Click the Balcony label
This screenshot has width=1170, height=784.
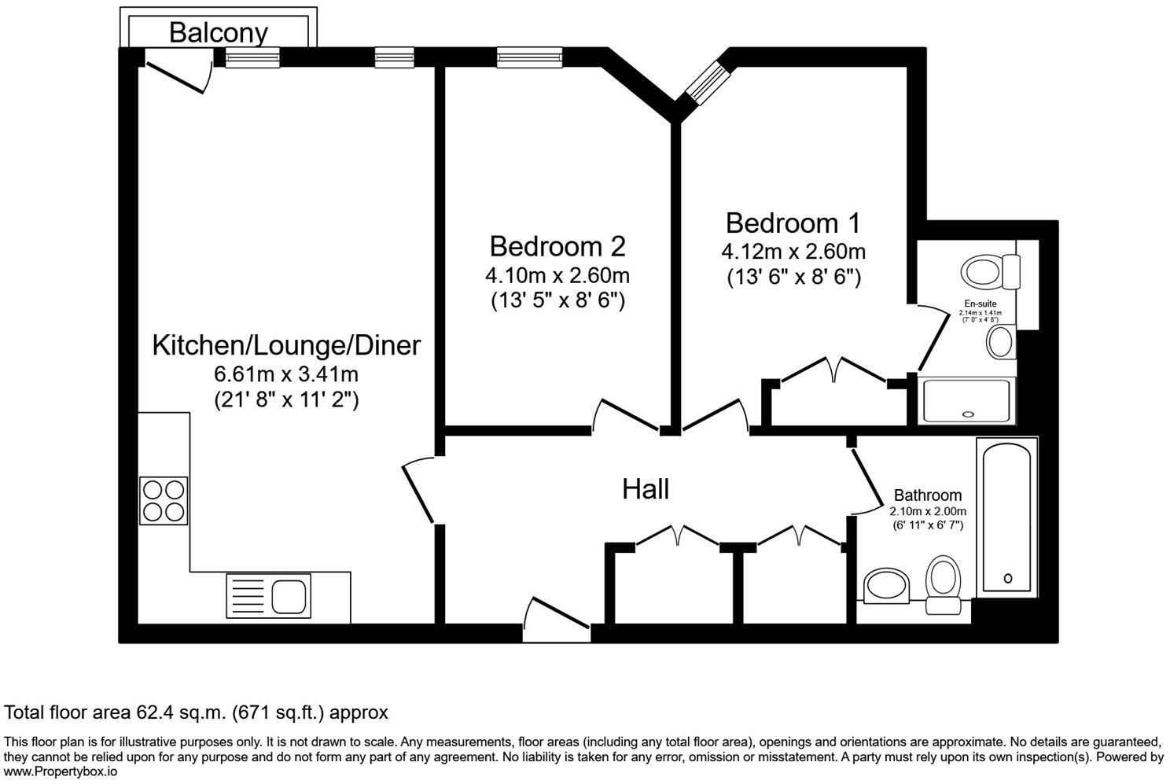(x=218, y=32)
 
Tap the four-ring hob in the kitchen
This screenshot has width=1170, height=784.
(x=164, y=500)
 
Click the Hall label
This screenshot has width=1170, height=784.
(x=645, y=489)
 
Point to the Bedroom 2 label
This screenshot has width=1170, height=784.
(x=557, y=246)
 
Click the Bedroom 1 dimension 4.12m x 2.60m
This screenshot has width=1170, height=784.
(x=793, y=252)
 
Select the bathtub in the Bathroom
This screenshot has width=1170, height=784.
(x=1007, y=517)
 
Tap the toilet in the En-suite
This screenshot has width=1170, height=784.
(x=989, y=272)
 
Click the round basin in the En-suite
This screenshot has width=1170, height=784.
(x=1000, y=343)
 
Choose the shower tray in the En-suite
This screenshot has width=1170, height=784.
(x=968, y=400)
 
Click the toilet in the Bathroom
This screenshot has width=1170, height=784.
(x=943, y=582)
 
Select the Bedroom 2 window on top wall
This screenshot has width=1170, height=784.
(x=528, y=57)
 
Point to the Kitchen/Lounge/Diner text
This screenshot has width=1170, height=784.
(x=286, y=345)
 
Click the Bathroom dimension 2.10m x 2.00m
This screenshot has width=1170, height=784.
(x=927, y=511)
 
